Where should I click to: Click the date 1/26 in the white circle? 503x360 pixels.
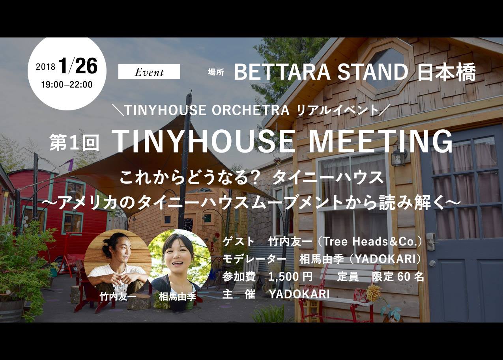tap(79, 65)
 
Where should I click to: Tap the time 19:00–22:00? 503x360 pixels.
tap(67, 85)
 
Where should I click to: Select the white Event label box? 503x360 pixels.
tap(149, 72)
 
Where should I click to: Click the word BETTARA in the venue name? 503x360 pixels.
tap(282, 72)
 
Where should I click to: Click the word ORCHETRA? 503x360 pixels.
tap(251, 110)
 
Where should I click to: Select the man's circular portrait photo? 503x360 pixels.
tap(118, 262)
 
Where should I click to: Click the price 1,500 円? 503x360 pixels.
tap(290, 276)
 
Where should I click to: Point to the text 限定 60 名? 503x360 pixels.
tap(398, 276)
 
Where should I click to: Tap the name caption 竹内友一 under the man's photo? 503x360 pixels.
tap(118, 297)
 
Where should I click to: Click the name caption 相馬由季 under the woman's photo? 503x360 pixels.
tap(178, 297)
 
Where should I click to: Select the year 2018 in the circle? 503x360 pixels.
tap(45, 67)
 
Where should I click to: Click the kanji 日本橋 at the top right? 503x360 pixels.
tap(446, 72)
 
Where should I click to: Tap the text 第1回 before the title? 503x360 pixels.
tap(74, 142)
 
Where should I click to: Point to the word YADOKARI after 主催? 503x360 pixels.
tap(299, 294)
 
